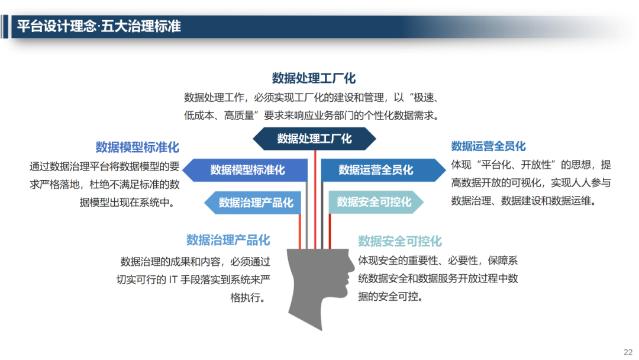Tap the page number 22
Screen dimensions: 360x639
coord(628,351)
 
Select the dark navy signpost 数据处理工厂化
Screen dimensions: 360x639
coord(314,139)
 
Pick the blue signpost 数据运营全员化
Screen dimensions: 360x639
coord(377,171)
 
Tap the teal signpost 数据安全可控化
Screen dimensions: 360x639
coord(374,202)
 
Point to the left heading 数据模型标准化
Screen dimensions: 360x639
coord(137,147)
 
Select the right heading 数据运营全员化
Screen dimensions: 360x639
coord(488,146)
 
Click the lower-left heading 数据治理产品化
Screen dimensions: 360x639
coord(228,240)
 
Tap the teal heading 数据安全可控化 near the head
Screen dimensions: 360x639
coord(399,241)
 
